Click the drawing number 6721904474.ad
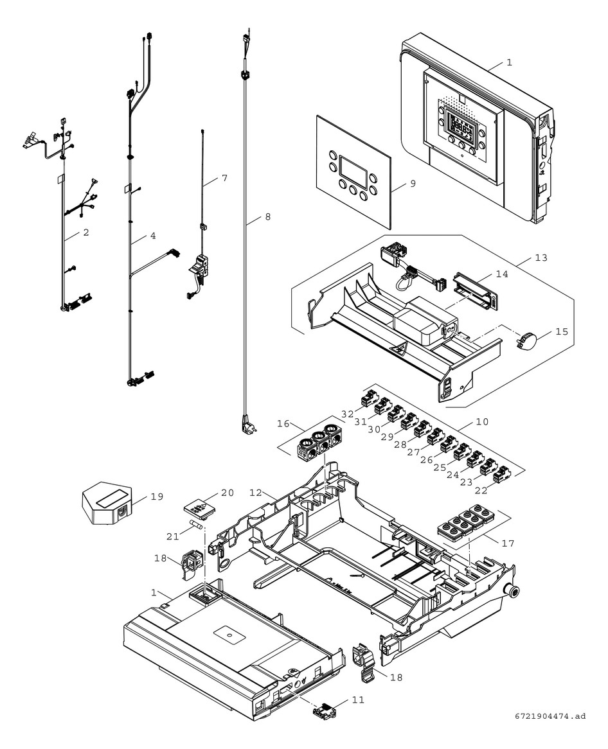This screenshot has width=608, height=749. click(550, 715)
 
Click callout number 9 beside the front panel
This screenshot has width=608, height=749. click(413, 183)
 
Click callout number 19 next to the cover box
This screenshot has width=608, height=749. click(157, 497)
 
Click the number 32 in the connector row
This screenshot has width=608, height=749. click(348, 414)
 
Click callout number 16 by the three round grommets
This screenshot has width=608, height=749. click(283, 424)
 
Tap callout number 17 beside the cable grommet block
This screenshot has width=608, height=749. click(508, 543)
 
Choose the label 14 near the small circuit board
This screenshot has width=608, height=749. click(502, 273)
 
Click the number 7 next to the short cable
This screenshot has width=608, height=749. click(224, 177)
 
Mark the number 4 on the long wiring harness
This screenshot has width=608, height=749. click(152, 236)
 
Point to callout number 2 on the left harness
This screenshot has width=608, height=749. click(85, 233)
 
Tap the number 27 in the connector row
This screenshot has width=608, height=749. click(413, 452)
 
